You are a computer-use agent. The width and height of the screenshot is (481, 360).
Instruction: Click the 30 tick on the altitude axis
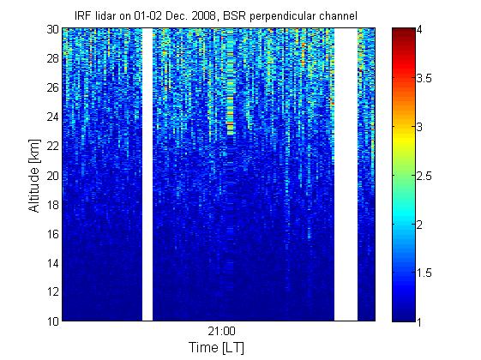coord(53,29)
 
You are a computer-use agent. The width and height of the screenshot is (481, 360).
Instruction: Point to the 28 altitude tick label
coord(53,58)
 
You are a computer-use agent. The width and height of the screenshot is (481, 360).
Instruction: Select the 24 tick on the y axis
coord(53,117)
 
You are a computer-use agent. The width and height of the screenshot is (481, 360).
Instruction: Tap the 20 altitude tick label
coord(53,176)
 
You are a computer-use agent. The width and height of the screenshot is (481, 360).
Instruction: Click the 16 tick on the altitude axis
coord(53,234)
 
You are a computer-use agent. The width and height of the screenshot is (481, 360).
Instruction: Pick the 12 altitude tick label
coord(53,291)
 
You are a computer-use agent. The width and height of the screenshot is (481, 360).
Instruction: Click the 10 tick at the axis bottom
coord(53,321)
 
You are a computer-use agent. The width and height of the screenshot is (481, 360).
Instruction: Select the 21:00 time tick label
coord(221,331)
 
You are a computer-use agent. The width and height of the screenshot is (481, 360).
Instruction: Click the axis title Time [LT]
coord(217,348)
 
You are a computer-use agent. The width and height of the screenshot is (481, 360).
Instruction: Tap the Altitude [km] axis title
coord(34,176)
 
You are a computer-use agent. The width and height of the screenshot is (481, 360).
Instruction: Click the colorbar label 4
coord(419,30)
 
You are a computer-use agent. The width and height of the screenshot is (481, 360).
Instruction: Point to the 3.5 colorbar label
coord(424,79)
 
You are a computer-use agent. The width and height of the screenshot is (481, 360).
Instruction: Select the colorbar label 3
coord(419,127)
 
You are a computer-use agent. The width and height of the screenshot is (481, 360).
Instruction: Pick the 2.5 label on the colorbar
coord(424,176)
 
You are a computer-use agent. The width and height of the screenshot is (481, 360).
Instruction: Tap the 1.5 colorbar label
coord(424,273)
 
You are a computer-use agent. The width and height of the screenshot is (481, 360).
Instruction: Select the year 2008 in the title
coord(203,15)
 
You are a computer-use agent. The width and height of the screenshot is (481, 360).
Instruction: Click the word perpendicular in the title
coord(282,16)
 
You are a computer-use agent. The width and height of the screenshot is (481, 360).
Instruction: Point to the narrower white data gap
coord(147,175)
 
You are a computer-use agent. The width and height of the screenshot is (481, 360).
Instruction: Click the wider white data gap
coord(346,175)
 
